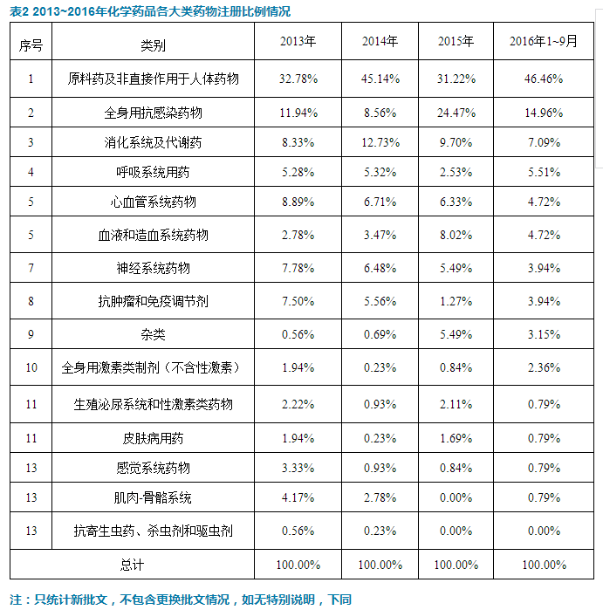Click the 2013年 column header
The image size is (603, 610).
pos(298,42)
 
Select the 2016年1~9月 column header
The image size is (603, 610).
pos(543,42)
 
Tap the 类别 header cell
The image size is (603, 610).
pos(153,45)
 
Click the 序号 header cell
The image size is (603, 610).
pos(31,45)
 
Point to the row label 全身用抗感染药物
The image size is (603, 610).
pos(153,113)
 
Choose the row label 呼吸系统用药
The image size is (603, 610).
pos(153,171)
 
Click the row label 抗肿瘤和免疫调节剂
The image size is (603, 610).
pos(153,301)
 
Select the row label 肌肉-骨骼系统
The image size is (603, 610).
pos(153,497)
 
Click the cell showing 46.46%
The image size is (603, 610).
pos(543,79)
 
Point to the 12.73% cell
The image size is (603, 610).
pos(380,141)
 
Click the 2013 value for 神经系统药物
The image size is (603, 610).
pos(298,268)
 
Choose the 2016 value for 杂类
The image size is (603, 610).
pos(543,334)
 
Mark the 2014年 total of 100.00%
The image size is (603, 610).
pos(380,565)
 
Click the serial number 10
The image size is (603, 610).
pos(31,367)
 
